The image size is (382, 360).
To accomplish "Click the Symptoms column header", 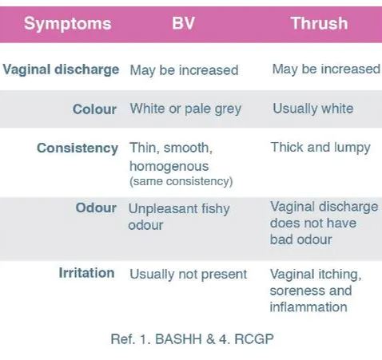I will (x=67, y=22).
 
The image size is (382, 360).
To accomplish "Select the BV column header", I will (x=183, y=22).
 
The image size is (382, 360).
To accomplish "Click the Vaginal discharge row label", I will (x=61, y=69).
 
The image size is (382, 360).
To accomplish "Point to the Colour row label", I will (x=94, y=109).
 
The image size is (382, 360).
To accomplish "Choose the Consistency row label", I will (x=78, y=148).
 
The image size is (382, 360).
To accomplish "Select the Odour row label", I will (x=96, y=208).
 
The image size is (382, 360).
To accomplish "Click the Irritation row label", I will (x=86, y=273).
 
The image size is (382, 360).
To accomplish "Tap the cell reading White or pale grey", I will (x=185, y=109).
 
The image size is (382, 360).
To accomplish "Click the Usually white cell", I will (x=312, y=109).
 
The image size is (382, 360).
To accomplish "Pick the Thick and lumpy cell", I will (x=320, y=148).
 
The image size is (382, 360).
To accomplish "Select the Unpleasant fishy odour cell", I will (x=179, y=216).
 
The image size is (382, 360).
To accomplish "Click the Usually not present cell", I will (x=189, y=274).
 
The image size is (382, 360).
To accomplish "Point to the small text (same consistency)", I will (x=181, y=182).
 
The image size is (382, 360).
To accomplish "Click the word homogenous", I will (x=169, y=166).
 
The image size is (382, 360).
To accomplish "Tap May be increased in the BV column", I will (x=184, y=69).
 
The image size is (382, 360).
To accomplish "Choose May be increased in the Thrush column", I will (x=325, y=69).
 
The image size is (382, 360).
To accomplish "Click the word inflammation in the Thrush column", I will (x=308, y=307).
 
